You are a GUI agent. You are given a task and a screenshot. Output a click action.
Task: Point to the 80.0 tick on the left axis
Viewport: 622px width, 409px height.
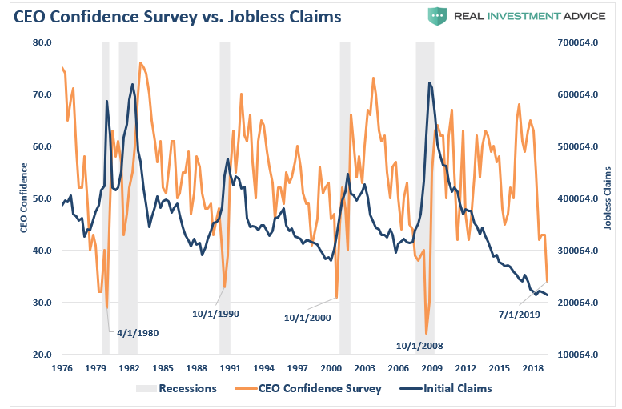pyautogui.click(x=42, y=42)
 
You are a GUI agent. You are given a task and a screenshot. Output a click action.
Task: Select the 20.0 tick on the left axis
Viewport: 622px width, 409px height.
pyautogui.click(x=42, y=355)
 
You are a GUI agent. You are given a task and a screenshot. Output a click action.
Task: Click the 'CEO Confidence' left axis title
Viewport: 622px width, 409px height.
pyautogui.click(x=24, y=198)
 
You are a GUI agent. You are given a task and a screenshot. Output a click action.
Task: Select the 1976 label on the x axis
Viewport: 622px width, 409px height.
pyautogui.click(x=62, y=368)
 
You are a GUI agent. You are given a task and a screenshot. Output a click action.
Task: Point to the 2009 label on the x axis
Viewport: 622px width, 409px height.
pyautogui.click(x=431, y=368)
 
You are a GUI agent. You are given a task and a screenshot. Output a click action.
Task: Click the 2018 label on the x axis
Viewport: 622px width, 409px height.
pyautogui.click(x=532, y=368)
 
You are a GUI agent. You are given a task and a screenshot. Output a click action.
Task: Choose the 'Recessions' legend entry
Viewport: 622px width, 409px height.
pyautogui.click(x=187, y=389)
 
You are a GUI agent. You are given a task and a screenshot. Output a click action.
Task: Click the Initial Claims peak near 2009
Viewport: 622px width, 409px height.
pyautogui.click(x=430, y=82)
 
